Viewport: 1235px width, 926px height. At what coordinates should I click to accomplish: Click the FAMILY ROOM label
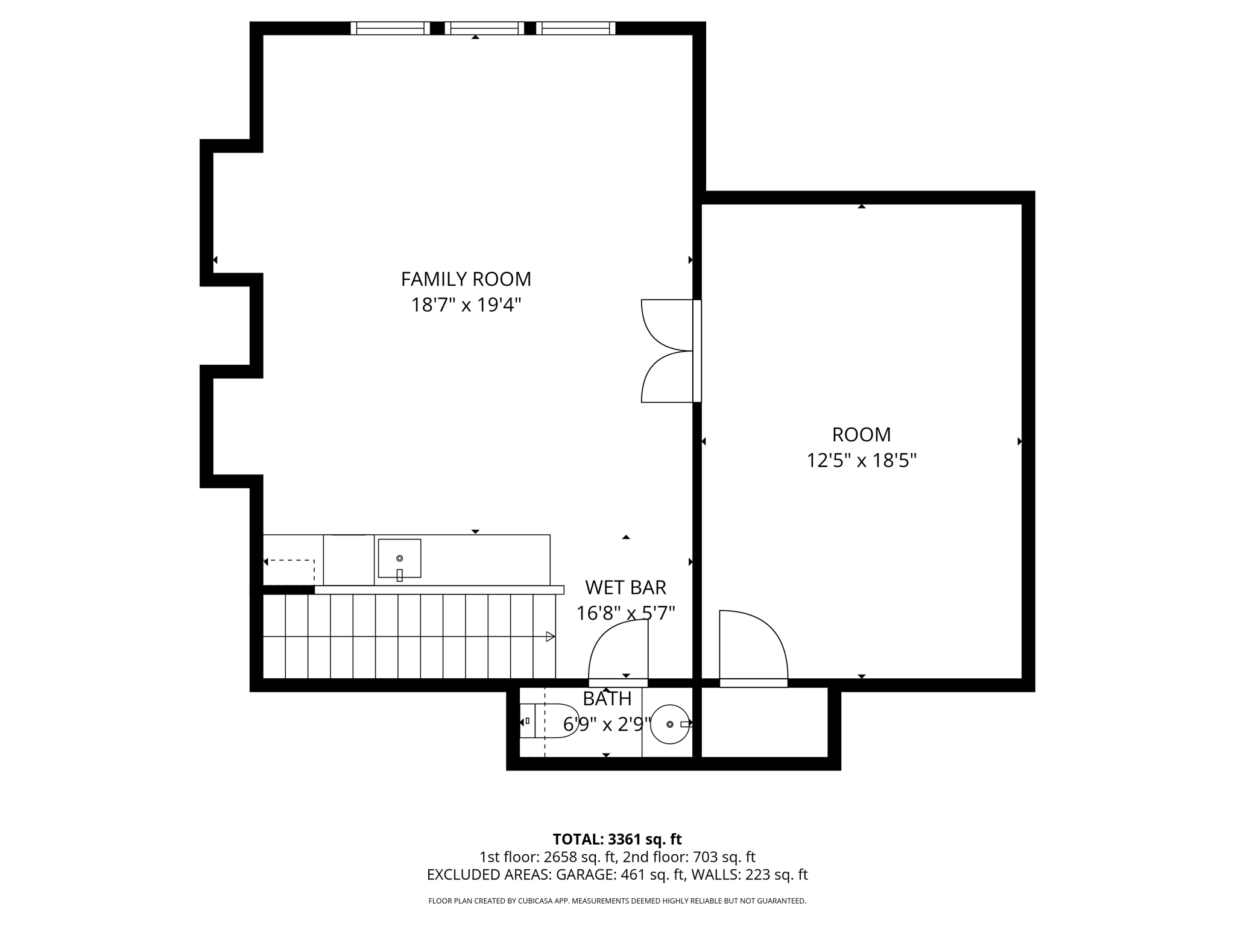(x=466, y=279)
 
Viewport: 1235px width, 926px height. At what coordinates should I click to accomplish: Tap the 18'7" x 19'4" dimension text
(x=466, y=305)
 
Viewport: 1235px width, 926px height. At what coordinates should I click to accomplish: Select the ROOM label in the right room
(x=861, y=435)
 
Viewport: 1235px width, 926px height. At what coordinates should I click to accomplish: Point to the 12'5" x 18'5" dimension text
(x=861, y=461)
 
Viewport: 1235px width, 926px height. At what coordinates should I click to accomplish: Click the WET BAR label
(x=625, y=587)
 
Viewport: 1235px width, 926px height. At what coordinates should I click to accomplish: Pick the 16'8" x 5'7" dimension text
(x=625, y=614)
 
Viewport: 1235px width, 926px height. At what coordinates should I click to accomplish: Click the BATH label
(x=607, y=699)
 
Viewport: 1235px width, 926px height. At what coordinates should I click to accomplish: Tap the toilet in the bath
(x=549, y=720)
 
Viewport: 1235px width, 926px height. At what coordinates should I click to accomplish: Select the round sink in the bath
(x=669, y=724)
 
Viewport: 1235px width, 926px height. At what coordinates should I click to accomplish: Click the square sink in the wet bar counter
(x=399, y=558)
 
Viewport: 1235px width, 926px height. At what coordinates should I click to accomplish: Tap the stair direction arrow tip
(x=552, y=637)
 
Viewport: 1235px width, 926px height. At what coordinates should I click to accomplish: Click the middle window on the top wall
(x=484, y=28)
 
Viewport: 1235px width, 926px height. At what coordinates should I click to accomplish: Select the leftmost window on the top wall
(x=390, y=28)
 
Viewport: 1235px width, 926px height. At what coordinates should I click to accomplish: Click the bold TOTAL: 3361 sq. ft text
(x=617, y=839)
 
